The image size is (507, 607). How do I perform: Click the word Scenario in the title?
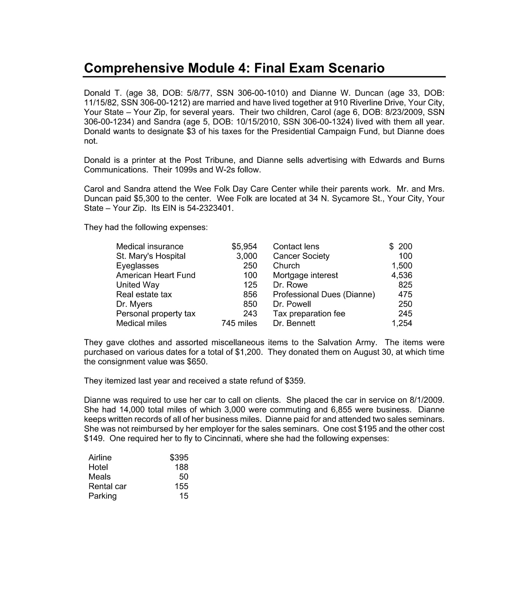[x=356, y=68]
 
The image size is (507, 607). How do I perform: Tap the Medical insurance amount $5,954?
[x=244, y=246]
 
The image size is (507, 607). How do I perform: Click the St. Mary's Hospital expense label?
[x=151, y=256]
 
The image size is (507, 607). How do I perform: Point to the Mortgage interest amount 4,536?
[x=402, y=275]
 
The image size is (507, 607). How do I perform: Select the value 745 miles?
[x=239, y=323]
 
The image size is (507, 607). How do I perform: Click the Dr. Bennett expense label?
[x=294, y=323]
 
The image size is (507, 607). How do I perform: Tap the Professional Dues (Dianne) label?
[x=324, y=294]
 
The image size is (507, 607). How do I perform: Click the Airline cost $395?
[x=179, y=457]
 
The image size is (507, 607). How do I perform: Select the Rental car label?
[x=107, y=486]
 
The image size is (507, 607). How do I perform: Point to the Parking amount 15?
[x=184, y=496]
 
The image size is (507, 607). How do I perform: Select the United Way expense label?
[x=137, y=285]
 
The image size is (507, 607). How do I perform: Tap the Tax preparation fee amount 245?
[x=405, y=314]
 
